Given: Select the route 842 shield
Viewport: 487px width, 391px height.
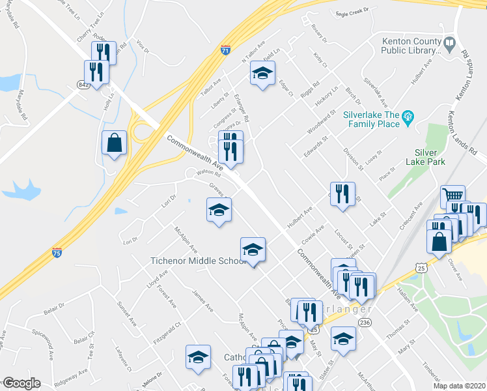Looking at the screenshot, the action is point(83,84).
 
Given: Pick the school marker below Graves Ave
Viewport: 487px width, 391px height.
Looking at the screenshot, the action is point(219,210).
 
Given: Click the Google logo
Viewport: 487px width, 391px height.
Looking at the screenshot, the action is point(21,383).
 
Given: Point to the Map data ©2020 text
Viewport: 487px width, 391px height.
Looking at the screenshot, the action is point(459,386).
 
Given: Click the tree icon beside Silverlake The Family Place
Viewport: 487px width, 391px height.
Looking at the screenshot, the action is point(408,118).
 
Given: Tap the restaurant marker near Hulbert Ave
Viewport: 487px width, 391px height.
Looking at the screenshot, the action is point(342,194).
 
